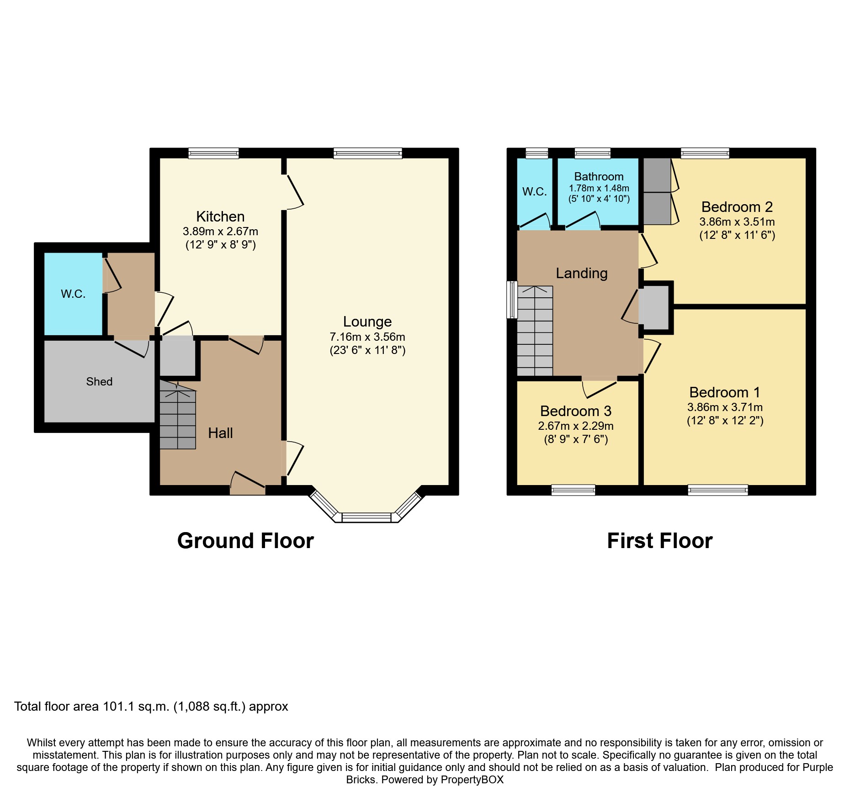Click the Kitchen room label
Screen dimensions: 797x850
coord(220,216)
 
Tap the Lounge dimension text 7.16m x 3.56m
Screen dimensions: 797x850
coord(367,337)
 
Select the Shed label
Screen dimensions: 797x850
coord(99,381)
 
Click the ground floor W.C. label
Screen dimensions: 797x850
coord(73,294)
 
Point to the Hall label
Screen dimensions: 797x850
coord(220,433)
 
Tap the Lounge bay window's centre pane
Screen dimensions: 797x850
coord(367,517)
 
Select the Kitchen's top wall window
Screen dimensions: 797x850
coord(213,153)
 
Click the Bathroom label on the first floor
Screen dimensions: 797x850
coord(599,177)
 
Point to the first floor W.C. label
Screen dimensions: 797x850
coord(534,192)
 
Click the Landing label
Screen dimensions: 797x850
coord(581,273)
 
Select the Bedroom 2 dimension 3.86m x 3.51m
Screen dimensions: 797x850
coord(737,222)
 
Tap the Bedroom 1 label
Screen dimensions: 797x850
coord(724,392)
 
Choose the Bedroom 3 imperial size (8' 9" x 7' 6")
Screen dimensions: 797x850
coord(576,439)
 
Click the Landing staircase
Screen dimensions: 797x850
coord(535,331)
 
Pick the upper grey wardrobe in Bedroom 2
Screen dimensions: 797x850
coord(657,175)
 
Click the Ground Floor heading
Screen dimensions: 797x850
coord(245,541)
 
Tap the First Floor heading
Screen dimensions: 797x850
coord(659,541)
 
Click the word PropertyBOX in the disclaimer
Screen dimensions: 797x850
coord(472,780)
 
